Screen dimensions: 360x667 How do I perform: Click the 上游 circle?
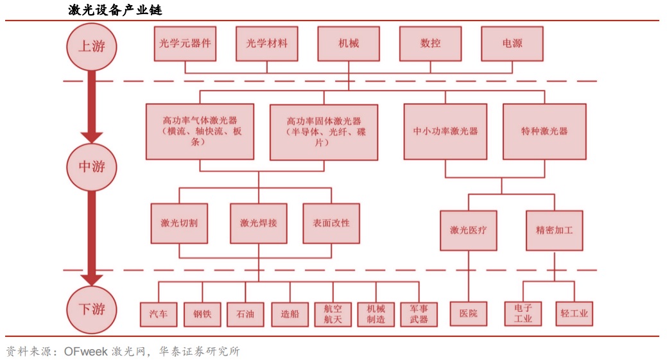92,46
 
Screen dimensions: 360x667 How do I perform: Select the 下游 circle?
92,309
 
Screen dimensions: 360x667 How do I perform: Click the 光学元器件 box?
185,44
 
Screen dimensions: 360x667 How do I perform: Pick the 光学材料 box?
267,44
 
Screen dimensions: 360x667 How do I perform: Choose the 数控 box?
430,44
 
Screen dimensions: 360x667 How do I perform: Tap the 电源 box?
512,44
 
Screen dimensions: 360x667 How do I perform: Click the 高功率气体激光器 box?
200,132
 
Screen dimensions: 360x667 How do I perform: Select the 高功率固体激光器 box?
324,132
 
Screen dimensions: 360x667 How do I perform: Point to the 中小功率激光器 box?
446,132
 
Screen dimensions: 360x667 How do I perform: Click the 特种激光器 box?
544,132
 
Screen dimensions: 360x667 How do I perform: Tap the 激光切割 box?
179,223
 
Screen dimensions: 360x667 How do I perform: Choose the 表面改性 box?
331,223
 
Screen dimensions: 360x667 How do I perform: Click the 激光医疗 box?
468,230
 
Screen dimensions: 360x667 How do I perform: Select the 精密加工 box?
554,230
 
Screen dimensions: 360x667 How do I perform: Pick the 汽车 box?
158,314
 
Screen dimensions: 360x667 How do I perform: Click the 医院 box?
468,314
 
